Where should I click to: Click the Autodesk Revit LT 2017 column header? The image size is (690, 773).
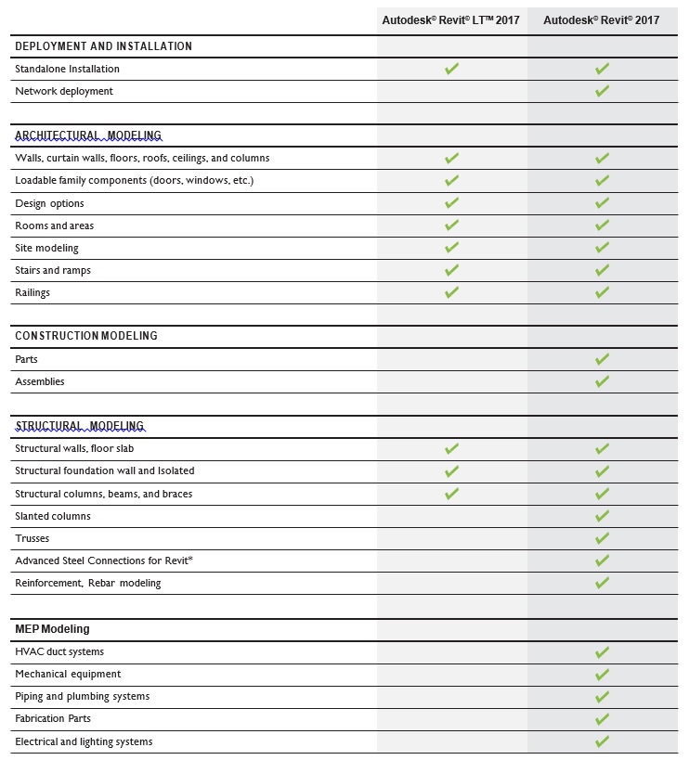451,20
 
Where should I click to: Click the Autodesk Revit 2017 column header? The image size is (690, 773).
602,20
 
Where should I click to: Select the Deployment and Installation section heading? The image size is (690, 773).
104,46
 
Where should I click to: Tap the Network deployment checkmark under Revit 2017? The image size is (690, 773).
602,91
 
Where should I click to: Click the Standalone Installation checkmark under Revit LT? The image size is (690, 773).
451,69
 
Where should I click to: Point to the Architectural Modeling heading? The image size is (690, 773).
88,135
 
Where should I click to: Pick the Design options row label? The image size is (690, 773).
49,203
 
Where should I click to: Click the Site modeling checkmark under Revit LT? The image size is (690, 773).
451,248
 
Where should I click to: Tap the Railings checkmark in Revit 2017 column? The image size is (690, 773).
602,292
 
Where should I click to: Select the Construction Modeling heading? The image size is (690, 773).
86,336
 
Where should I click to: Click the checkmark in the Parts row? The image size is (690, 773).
602,359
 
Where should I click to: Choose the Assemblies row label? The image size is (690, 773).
40,381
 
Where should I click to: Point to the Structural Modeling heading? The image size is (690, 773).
80,426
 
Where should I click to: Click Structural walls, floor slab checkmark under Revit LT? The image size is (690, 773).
451,449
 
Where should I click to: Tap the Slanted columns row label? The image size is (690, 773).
53,516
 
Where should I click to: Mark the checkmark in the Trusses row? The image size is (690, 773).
602,538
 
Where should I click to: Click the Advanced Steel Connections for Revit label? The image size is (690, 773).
104,560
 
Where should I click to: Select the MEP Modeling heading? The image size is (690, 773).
52,629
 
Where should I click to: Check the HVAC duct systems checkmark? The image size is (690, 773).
602,652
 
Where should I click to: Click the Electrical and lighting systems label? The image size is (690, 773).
84,741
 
